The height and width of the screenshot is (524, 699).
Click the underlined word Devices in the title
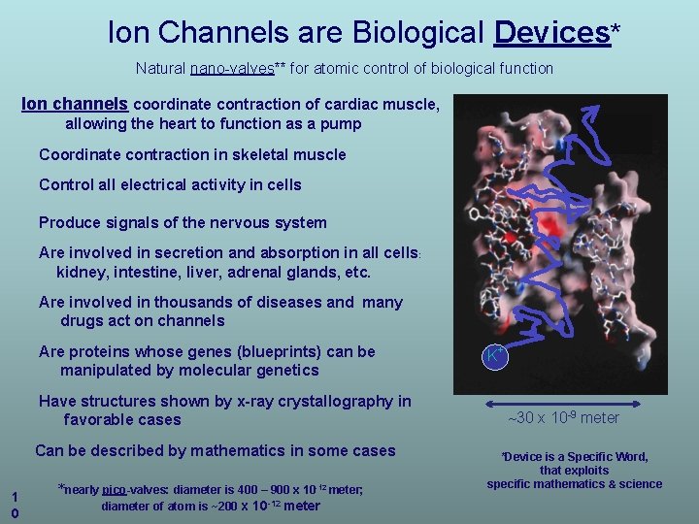coord(551,33)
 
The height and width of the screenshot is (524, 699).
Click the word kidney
coord(80,273)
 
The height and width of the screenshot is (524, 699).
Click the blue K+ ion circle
coord(495,356)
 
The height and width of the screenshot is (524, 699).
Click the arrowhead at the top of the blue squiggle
coord(590,114)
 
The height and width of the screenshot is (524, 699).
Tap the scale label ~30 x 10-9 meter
coord(563,418)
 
